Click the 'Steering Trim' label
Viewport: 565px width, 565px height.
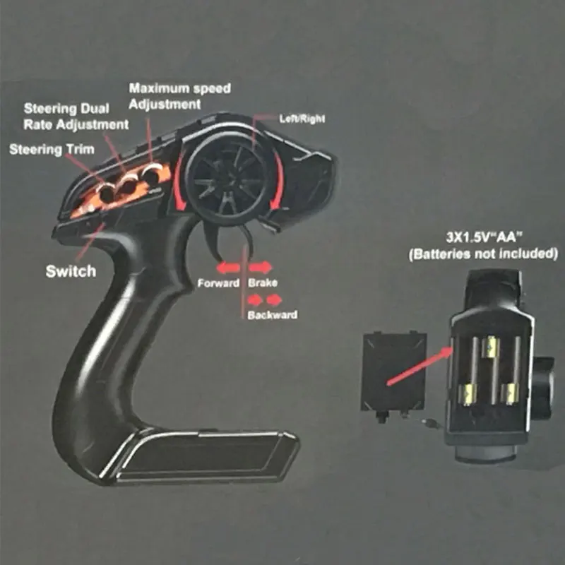click(x=51, y=150)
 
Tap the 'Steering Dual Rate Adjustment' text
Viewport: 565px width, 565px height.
click(x=76, y=117)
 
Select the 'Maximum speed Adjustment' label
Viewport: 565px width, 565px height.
click(x=179, y=96)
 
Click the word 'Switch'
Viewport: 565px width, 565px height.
click(x=71, y=271)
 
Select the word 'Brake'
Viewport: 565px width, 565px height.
click(x=262, y=283)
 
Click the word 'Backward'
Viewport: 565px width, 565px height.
click(x=272, y=315)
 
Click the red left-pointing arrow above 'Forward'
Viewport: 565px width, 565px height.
click(x=228, y=268)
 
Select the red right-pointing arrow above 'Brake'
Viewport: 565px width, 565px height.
click(x=260, y=268)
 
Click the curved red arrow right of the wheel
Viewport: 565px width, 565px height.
click(x=278, y=180)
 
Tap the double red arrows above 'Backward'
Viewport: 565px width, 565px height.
click(x=263, y=300)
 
